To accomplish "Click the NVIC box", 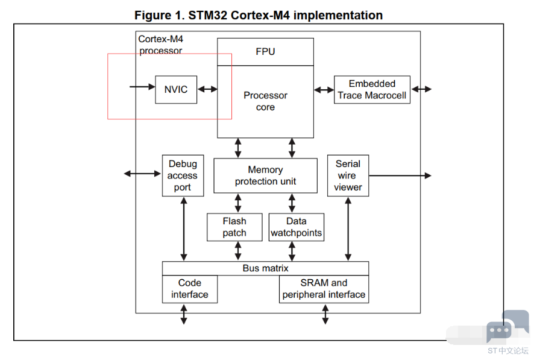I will [176, 90].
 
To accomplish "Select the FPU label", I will [265, 52].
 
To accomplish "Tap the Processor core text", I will [265, 101].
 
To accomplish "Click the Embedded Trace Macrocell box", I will [372, 89].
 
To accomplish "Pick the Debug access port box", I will [182, 175].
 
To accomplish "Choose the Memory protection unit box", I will [265, 175].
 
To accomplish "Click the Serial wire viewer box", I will [348, 175].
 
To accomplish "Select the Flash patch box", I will [234, 227].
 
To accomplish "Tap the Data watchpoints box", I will [296, 227].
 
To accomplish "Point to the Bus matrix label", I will [265, 268].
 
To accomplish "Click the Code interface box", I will [189, 289].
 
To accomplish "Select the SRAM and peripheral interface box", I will [324, 289].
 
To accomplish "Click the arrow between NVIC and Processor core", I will [207, 89].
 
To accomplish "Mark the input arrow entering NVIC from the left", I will [142, 87].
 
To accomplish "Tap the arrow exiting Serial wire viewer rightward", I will [400, 175].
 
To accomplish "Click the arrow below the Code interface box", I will [184, 314].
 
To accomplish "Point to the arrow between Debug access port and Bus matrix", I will [184, 229].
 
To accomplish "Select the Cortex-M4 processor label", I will [161, 45].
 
